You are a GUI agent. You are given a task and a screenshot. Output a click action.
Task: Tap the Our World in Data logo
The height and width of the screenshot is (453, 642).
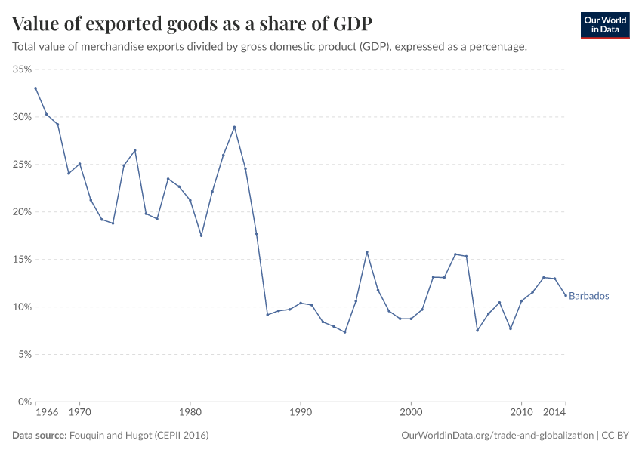[604, 25]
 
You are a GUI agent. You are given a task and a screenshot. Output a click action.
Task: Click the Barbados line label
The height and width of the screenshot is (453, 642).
[588, 296]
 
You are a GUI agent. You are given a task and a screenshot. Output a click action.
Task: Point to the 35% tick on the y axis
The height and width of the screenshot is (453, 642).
[22, 69]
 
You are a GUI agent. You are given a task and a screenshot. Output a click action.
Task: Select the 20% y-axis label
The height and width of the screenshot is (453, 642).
[22, 212]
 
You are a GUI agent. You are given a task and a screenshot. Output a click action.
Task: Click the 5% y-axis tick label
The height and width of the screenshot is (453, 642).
[24, 355]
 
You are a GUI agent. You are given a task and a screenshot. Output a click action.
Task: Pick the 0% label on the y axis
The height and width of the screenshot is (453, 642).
[24, 402]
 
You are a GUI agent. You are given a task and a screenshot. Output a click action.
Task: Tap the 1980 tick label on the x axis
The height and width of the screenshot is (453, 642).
[190, 413]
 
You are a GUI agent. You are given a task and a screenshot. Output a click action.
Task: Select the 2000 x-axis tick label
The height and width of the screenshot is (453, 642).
[411, 413]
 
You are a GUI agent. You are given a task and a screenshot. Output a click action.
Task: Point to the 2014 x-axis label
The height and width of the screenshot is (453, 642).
[554, 413]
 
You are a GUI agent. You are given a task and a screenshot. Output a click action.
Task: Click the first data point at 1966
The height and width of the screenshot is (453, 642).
[35, 88]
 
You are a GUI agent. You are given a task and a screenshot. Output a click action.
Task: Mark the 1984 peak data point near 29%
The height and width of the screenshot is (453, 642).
[234, 127]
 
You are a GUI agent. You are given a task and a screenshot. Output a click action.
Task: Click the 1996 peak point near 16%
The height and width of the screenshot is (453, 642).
[367, 252]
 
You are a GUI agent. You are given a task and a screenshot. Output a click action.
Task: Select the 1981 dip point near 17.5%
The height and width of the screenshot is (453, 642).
[201, 236]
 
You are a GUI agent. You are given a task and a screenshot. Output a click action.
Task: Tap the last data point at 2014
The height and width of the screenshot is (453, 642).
[566, 295]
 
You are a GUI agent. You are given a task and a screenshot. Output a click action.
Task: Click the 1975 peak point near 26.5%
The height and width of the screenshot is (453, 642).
[134, 150]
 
